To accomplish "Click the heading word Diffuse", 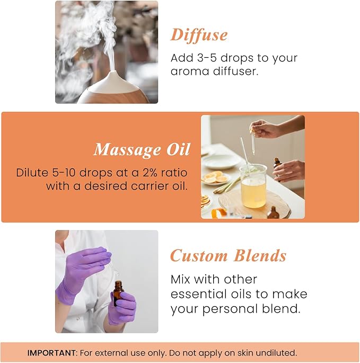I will [199, 36].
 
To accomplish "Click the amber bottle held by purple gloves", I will [118, 293].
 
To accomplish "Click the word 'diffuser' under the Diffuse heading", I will [234, 71].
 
